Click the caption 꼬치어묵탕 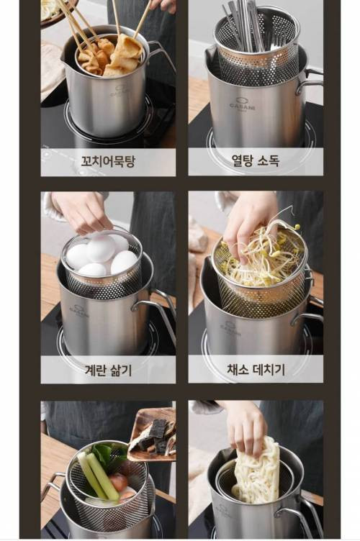pyautogui.click(x=108, y=161)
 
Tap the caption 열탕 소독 pyautogui.click(x=256, y=160)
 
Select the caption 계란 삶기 pyautogui.click(x=108, y=370)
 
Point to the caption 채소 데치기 pyautogui.click(x=256, y=370)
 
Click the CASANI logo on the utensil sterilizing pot pyautogui.click(x=243, y=104)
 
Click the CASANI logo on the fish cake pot pyautogui.click(x=121, y=91)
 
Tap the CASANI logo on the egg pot pyautogui.click(x=78, y=310)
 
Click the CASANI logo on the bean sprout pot pyautogui.click(x=228, y=327)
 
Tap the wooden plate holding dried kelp pyautogui.click(x=152, y=435)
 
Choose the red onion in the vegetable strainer pyautogui.click(x=118, y=482)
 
